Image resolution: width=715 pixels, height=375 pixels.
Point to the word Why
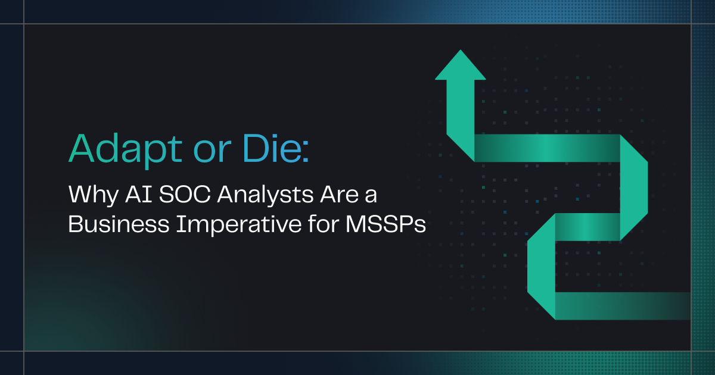(93, 195)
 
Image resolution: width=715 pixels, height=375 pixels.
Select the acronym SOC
(185, 194)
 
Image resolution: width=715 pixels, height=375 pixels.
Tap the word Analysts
(265, 195)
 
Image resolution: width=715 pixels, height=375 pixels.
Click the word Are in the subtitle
(340, 194)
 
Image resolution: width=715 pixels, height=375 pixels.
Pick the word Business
(119, 224)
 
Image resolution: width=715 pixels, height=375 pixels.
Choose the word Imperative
(239, 225)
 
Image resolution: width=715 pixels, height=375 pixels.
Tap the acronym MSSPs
(386, 224)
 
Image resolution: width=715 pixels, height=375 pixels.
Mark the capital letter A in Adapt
(82, 148)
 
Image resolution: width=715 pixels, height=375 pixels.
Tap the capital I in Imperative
(179, 224)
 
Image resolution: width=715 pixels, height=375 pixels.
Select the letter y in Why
(112, 198)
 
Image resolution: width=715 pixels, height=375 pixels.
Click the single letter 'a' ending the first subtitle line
(371, 196)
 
